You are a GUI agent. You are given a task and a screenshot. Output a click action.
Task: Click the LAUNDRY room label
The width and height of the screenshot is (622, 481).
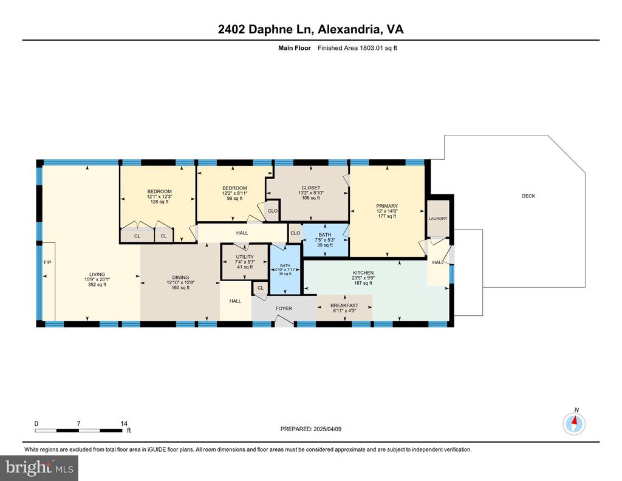coord(438,219)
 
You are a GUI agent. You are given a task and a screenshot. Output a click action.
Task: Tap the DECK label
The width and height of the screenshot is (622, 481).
coord(528,196)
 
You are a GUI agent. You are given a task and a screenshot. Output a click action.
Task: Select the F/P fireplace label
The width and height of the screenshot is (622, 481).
coord(47,262)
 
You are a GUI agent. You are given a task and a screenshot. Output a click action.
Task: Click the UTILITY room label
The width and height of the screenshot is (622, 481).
coord(245,257)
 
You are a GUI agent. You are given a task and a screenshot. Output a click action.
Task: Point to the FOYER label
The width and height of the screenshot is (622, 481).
coord(284,308)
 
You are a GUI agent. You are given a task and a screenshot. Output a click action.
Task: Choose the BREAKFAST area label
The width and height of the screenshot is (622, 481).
coord(344,305)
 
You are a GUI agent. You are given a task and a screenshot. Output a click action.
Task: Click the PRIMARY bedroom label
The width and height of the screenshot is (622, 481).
coord(387,206)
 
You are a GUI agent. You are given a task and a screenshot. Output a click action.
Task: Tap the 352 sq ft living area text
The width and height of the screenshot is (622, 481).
coord(97,284)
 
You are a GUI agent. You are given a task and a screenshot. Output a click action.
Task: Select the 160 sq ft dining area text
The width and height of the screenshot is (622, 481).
coord(180,287)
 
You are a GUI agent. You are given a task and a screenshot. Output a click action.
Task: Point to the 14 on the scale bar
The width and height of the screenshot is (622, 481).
coord(124,423)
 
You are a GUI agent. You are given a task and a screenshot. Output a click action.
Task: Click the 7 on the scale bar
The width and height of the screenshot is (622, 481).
coord(78,423)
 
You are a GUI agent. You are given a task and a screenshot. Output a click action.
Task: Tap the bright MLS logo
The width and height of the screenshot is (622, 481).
coord(39,468)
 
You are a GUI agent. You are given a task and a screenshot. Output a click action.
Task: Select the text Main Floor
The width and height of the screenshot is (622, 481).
coord(295,48)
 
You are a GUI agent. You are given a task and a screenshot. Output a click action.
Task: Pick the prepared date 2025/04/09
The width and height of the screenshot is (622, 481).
coord(327,429)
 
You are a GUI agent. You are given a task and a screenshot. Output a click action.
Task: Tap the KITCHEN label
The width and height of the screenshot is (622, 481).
coord(363,273)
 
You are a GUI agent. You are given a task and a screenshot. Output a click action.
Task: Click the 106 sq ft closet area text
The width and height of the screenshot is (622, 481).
coord(310,198)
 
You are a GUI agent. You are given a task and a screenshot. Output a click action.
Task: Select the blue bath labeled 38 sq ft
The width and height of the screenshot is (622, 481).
coord(285,270)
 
